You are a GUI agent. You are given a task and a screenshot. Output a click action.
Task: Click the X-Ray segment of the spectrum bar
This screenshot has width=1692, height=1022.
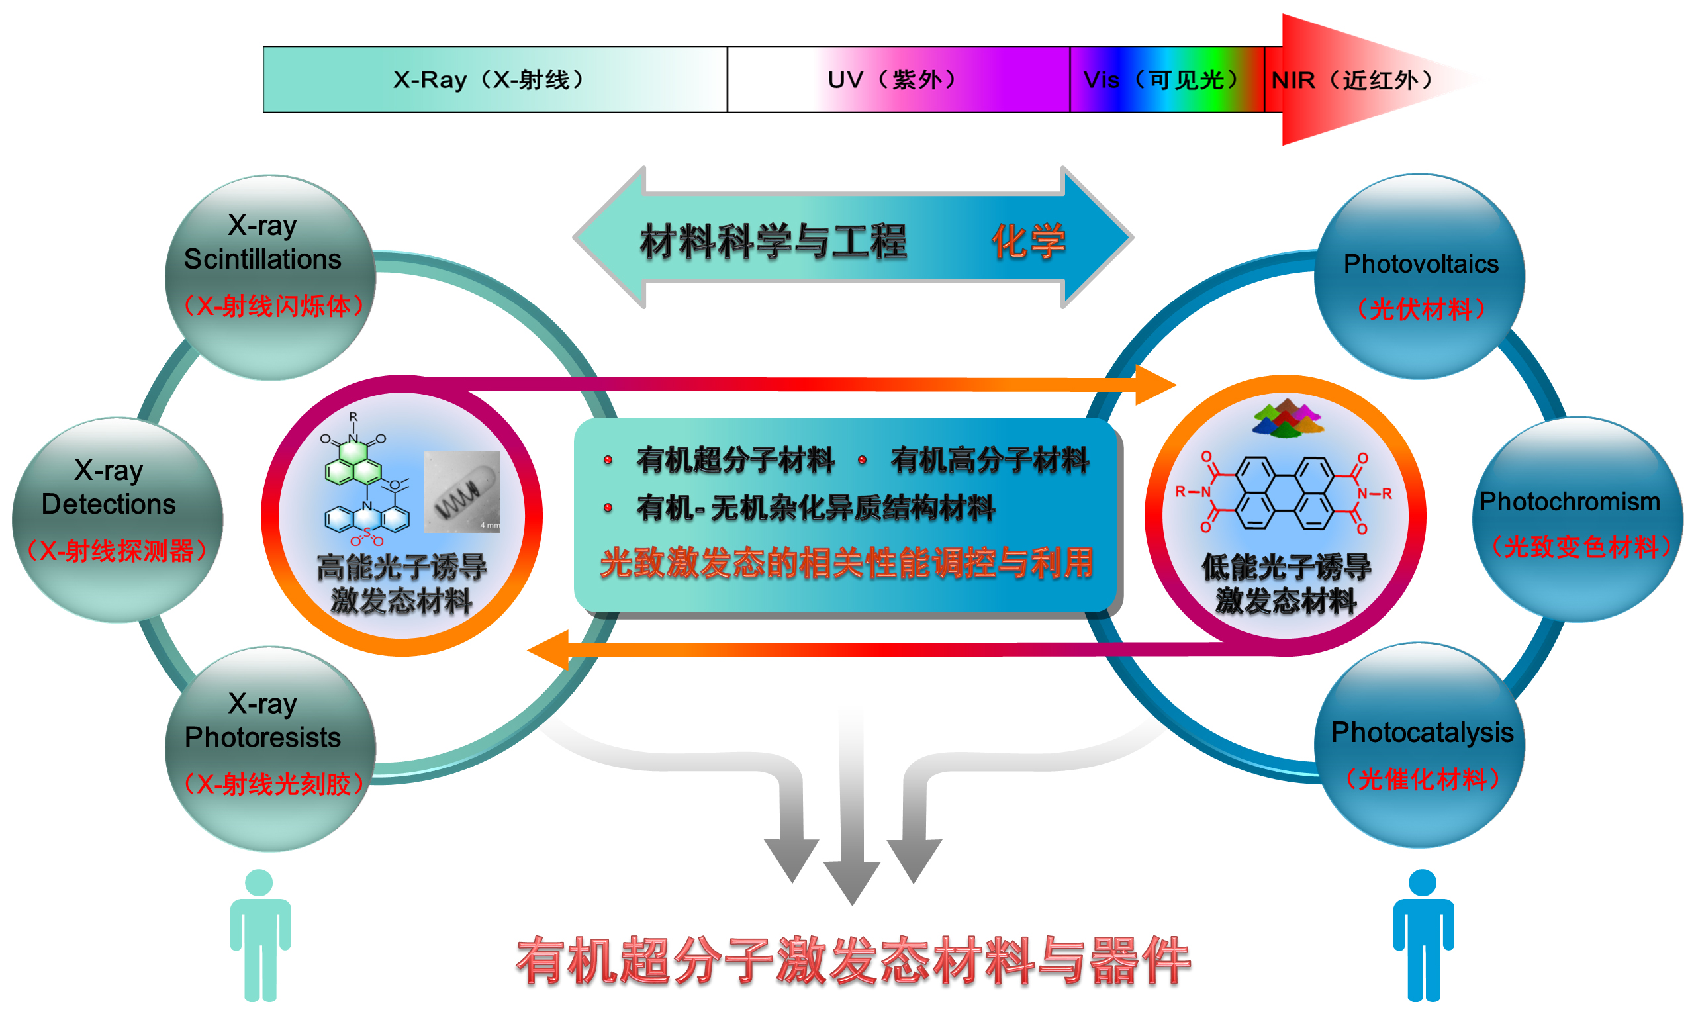(494, 79)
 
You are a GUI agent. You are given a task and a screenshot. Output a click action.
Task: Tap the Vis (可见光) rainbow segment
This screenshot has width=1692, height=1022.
(1166, 79)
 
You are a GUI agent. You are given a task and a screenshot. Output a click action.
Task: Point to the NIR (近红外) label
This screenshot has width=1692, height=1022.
(1353, 80)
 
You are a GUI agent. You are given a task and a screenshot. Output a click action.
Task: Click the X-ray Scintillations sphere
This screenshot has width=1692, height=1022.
(271, 277)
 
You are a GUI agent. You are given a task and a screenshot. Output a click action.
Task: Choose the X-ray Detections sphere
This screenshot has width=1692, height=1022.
(117, 520)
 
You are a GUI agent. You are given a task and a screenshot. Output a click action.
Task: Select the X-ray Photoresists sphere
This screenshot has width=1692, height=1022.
(271, 749)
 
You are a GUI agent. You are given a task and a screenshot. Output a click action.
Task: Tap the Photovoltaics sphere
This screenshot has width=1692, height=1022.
(1419, 276)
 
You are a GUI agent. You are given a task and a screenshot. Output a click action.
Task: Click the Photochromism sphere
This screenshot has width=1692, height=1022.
(1577, 519)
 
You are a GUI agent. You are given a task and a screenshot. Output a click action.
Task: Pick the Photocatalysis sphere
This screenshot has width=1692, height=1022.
(1419, 745)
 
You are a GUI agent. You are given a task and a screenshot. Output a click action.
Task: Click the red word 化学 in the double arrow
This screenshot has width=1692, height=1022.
(1028, 242)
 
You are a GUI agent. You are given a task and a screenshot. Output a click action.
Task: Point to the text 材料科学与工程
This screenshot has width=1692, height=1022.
(773, 242)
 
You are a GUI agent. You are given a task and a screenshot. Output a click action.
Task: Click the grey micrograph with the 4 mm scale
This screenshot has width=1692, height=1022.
(462, 491)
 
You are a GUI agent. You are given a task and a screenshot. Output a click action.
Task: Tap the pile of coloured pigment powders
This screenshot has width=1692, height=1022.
(1287, 418)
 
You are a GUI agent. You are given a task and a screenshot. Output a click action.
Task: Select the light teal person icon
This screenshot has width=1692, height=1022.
(260, 935)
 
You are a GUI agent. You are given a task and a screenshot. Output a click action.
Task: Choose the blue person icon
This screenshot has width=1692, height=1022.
(1423, 935)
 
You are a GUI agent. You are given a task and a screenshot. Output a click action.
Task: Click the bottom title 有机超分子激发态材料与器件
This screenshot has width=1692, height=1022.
(853, 960)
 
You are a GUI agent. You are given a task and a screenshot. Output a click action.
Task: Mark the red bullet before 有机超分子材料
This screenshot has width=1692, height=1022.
(608, 459)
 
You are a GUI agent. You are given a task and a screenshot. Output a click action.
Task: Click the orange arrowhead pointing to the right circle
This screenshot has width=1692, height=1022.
(1156, 385)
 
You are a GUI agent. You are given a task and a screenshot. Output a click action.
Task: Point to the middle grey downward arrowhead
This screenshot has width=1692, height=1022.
(851, 883)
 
